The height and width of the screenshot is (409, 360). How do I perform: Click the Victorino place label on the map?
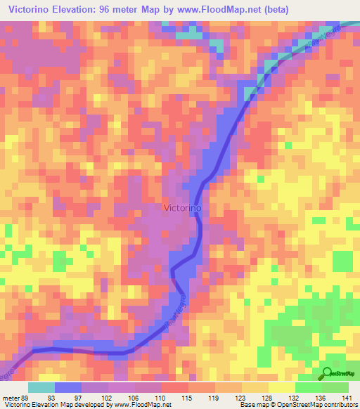183,208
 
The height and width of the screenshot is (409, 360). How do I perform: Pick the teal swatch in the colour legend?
41,387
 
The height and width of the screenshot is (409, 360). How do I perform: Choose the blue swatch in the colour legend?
68,387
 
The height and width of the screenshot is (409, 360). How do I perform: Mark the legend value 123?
245,398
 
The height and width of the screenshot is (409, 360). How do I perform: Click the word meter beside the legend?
11,398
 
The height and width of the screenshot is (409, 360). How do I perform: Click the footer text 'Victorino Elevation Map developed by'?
49,405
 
